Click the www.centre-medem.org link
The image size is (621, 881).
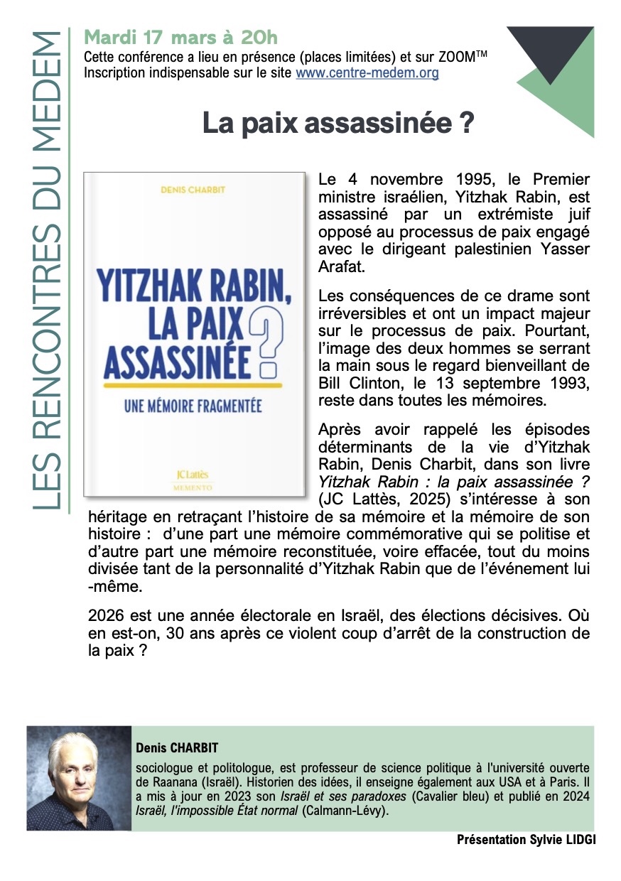click(367, 72)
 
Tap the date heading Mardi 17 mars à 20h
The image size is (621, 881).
click(180, 36)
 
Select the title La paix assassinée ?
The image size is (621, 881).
click(337, 123)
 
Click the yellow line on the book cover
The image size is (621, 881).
click(193, 385)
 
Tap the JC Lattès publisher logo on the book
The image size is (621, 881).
click(193, 476)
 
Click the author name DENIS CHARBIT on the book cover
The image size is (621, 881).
click(193, 190)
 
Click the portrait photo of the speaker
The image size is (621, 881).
click(79, 778)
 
